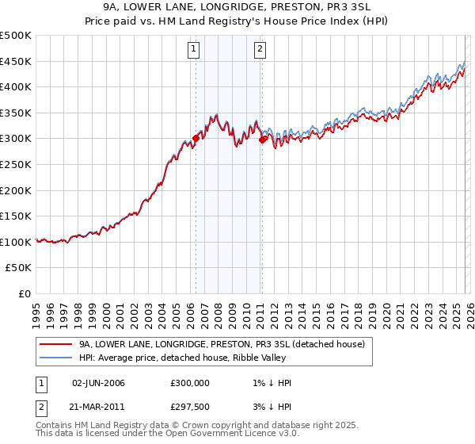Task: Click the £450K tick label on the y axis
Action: [16, 61]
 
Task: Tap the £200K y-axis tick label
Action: [16, 190]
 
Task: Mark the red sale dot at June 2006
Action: [196, 138]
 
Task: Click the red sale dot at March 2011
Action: [262, 140]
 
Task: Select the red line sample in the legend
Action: [57, 344]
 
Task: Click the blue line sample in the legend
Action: [57, 358]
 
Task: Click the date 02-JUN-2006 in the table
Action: [98, 383]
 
